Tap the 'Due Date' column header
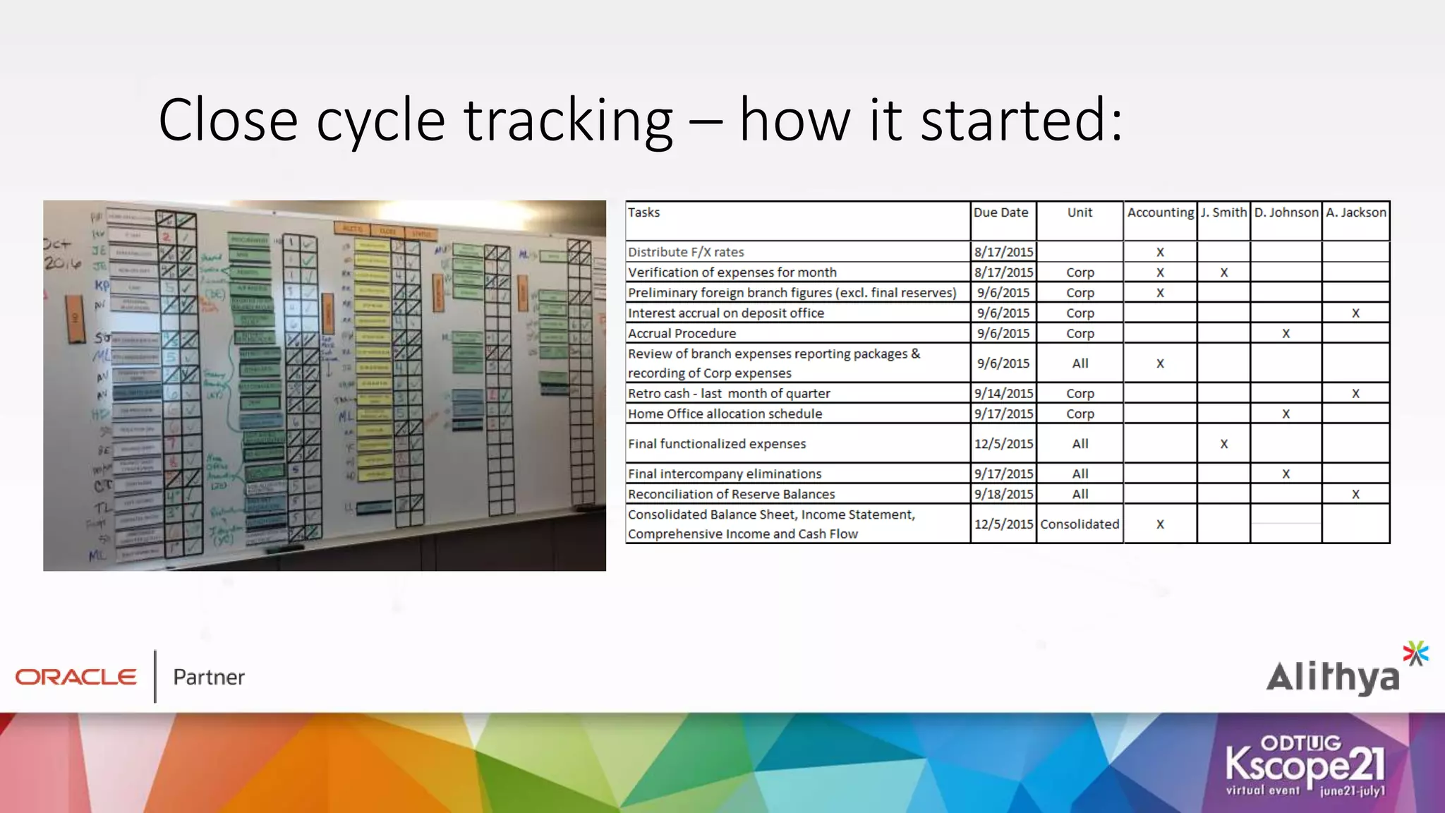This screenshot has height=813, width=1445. point(1000,212)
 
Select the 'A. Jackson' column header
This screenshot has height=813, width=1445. point(1355,212)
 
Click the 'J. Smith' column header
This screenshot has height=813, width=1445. point(1223,212)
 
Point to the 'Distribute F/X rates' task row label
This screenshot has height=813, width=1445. point(686,252)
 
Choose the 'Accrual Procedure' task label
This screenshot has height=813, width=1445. point(682,333)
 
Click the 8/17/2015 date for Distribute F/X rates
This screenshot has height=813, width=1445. point(1003,252)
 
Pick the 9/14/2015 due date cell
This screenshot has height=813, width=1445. point(1003,393)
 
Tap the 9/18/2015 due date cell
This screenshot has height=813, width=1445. point(1003,494)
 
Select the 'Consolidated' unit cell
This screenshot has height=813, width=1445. point(1080,524)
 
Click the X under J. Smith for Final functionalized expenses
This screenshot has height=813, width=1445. point(1223,444)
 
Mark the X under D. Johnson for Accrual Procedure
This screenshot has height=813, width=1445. point(1286,334)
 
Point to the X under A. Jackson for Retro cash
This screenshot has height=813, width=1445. point(1355,394)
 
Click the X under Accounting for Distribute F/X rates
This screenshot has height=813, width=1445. point(1160,253)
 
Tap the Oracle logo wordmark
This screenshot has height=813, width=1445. point(76,677)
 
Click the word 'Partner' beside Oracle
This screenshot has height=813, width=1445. point(209,677)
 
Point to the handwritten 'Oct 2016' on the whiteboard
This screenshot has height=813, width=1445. point(61,254)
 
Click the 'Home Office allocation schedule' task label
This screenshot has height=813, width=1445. point(725,414)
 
